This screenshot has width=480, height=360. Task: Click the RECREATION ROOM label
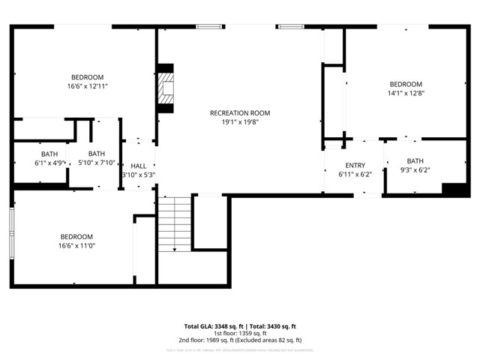(x=240, y=113)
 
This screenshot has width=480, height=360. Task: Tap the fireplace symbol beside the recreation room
(x=165, y=91)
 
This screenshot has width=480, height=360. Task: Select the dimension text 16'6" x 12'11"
(x=88, y=87)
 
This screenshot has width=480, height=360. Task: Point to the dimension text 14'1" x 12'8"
(x=406, y=94)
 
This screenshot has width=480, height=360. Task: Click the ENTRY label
(x=355, y=166)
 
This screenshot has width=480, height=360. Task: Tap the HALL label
(x=139, y=166)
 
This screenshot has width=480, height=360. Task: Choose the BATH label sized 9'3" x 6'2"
(x=415, y=161)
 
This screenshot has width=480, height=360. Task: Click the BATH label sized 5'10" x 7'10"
(x=96, y=154)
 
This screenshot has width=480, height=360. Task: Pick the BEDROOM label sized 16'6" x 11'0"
(x=76, y=236)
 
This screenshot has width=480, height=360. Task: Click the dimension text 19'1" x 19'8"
(x=240, y=123)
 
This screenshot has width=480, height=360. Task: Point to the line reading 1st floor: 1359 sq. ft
(x=240, y=334)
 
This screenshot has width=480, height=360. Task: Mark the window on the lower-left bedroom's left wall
(x=11, y=232)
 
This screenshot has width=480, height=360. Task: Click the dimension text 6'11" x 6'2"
(x=355, y=174)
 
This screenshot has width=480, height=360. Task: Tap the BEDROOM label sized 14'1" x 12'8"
(x=406, y=84)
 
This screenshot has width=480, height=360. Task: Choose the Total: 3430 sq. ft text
(x=272, y=326)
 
